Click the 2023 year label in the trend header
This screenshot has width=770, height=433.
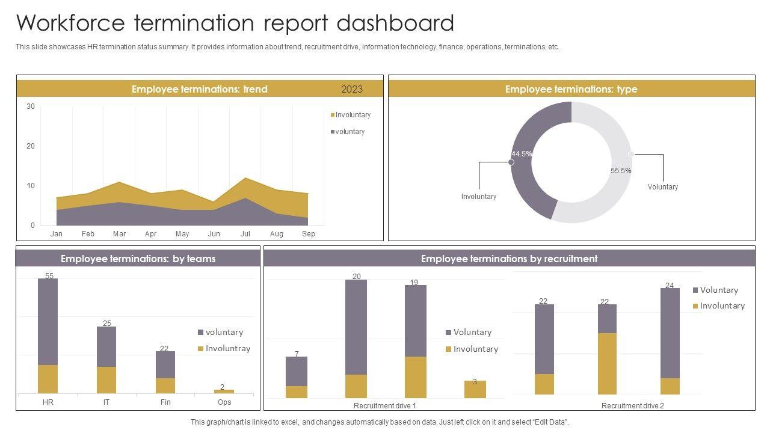click(x=352, y=89)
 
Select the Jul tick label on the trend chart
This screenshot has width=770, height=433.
click(x=245, y=234)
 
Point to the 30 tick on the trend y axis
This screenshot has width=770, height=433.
click(x=31, y=106)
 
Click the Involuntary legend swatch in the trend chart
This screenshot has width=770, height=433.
click(x=333, y=115)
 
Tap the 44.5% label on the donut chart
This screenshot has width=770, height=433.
click(x=522, y=154)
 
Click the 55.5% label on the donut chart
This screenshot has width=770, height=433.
click(x=621, y=171)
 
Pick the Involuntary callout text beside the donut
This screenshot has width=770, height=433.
click(x=479, y=197)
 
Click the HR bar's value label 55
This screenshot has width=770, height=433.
click(x=49, y=276)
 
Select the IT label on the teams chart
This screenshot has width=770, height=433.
click(x=106, y=402)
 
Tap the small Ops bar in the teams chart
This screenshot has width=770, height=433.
click(x=224, y=392)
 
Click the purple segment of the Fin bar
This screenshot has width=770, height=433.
click(x=165, y=364)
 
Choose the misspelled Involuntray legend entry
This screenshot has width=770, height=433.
click(x=227, y=348)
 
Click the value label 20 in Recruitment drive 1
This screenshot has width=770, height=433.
click(x=357, y=277)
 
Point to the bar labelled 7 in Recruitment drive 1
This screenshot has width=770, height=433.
click(x=297, y=371)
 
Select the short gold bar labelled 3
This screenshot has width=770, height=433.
click(x=475, y=389)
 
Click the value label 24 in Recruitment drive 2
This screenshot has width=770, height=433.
click(x=670, y=285)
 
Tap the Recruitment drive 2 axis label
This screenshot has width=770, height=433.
click(x=632, y=406)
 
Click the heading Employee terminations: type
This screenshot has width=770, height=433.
click(x=571, y=89)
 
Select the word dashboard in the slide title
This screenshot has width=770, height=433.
click(x=395, y=23)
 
